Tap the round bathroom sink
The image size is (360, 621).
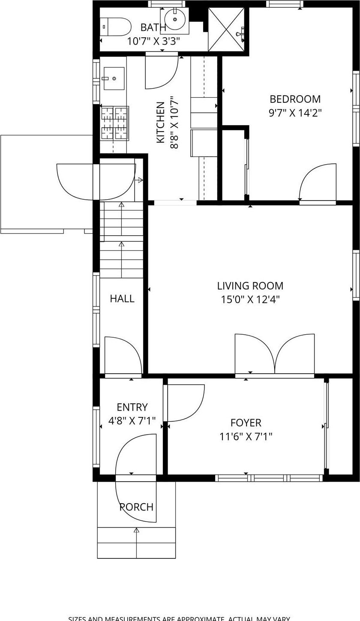click(x=175, y=20)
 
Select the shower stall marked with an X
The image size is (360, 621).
click(x=226, y=30)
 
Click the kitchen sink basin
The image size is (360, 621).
click(x=114, y=78)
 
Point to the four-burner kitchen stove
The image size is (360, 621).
click(x=114, y=123)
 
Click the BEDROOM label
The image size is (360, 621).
click(x=295, y=99)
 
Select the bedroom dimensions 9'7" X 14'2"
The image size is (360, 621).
click(x=295, y=113)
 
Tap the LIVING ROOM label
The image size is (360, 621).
click(x=250, y=286)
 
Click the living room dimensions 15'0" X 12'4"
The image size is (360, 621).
click(x=250, y=299)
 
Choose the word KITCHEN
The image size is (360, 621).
click(x=160, y=122)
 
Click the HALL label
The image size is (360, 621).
click(x=122, y=299)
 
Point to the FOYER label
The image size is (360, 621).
click(x=246, y=423)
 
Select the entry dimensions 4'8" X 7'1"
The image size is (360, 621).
click(x=132, y=421)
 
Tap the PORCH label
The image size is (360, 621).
click(x=136, y=507)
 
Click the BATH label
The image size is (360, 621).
click(x=153, y=28)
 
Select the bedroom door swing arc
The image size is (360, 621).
click(x=317, y=182)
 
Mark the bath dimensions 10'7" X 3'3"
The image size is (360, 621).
click(x=153, y=41)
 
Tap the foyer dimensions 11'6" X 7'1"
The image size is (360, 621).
click(x=246, y=437)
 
